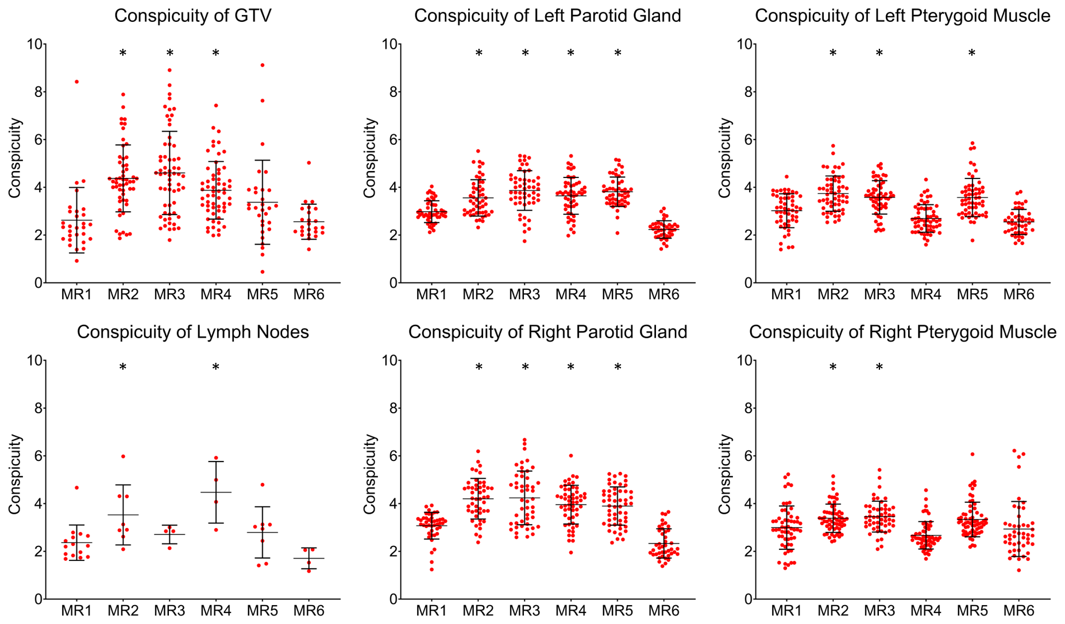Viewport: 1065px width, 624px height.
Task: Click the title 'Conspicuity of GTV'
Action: [192, 15]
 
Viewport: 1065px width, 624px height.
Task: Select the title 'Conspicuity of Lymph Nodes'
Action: [192, 332]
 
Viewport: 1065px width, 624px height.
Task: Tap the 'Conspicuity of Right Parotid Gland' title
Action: [547, 332]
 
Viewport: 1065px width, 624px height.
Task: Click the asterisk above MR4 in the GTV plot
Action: [216, 53]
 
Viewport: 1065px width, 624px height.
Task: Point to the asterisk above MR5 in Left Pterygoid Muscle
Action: [972, 53]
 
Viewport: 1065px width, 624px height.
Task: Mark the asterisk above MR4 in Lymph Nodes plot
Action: [216, 367]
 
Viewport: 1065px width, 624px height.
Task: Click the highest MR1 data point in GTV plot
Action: [76, 82]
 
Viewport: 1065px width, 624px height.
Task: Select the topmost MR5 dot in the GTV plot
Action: [263, 65]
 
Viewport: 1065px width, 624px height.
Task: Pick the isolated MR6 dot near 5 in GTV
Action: [308, 163]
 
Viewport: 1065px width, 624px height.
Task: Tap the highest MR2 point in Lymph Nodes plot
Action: [123, 456]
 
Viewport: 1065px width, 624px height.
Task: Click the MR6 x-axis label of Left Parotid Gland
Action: [663, 294]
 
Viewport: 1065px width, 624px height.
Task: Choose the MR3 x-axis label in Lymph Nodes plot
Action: [169, 611]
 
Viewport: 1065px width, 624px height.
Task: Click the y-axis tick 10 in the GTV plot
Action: [33, 44]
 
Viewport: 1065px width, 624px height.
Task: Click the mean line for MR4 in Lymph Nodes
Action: [216, 493]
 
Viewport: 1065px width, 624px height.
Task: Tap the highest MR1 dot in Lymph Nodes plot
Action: [76, 488]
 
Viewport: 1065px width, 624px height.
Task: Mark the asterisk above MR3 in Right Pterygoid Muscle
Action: [879, 367]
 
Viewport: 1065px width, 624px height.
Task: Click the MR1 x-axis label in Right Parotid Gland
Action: [431, 611]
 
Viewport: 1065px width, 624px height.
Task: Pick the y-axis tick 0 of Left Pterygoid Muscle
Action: [748, 282]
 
